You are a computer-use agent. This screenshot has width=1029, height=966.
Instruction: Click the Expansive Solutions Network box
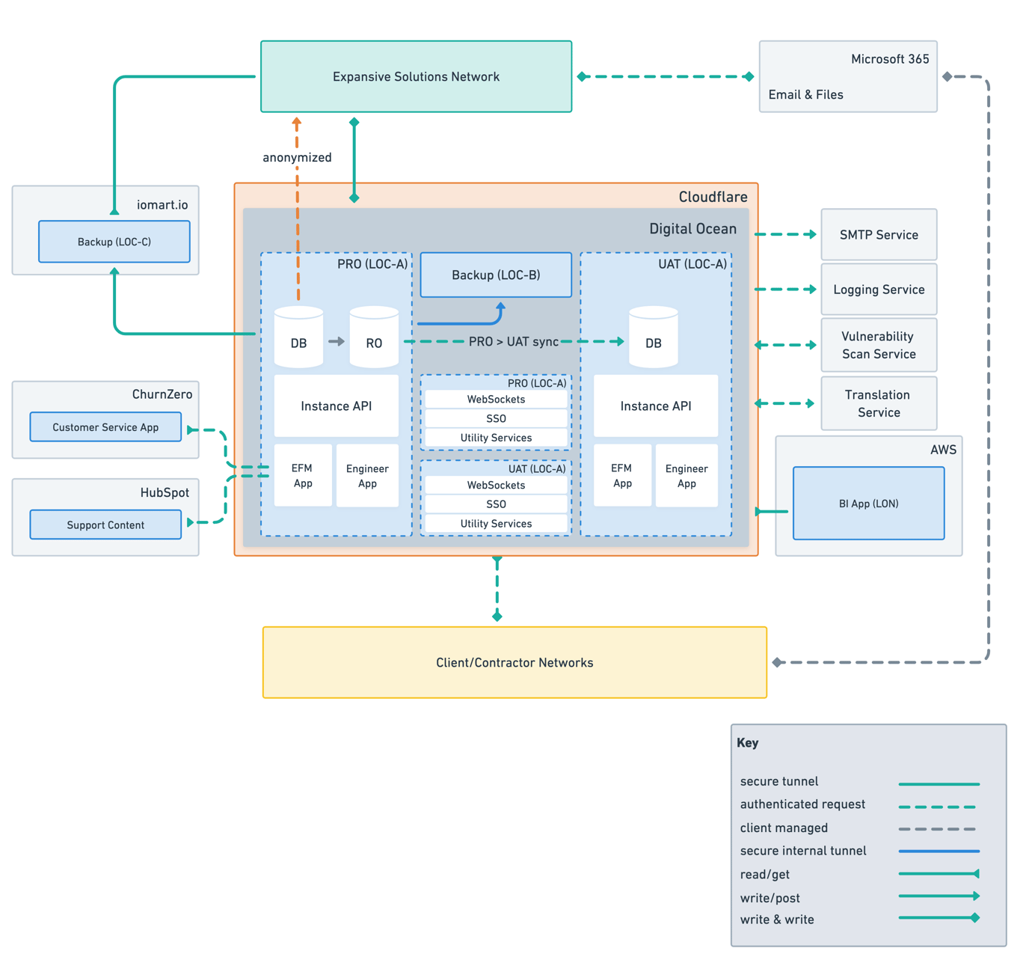click(x=416, y=76)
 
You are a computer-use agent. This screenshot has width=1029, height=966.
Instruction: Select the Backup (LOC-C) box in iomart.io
click(x=114, y=242)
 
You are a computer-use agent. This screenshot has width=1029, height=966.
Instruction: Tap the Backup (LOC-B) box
click(x=496, y=275)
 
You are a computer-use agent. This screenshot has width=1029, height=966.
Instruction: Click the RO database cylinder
click(x=374, y=338)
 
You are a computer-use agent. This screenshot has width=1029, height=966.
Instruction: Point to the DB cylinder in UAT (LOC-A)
click(x=654, y=338)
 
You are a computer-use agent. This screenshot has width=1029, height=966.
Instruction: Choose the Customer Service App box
click(x=105, y=427)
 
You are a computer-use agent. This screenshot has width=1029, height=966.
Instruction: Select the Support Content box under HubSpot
click(x=105, y=525)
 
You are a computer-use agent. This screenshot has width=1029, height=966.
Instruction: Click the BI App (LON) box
click(x=868, y=504)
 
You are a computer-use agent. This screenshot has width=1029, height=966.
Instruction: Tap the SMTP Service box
click(x=879, y=235)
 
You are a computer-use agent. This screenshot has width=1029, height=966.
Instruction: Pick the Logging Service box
click(x=879, y=290)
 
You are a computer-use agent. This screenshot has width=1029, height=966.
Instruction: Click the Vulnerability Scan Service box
click(x=879, y=345)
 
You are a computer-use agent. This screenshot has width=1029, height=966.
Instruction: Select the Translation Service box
click(x=879, y=403)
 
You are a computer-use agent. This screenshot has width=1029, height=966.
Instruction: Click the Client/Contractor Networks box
click(x=514, y=662)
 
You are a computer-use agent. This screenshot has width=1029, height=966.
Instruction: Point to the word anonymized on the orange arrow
click(x=297, y=157)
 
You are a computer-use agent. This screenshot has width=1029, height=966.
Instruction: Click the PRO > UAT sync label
click(x=514, y=342)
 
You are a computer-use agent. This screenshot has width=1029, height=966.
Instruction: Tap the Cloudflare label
click(x=713, y=197)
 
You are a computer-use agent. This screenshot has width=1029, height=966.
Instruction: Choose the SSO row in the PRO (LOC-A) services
click(x=496, y=418)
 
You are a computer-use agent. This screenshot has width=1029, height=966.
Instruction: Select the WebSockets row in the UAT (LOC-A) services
click(x=496, y=485)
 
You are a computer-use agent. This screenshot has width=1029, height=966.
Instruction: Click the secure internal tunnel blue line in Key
click(x=939, y=851)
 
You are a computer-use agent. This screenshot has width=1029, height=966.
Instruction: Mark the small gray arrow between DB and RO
click(x=337, y=341)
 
